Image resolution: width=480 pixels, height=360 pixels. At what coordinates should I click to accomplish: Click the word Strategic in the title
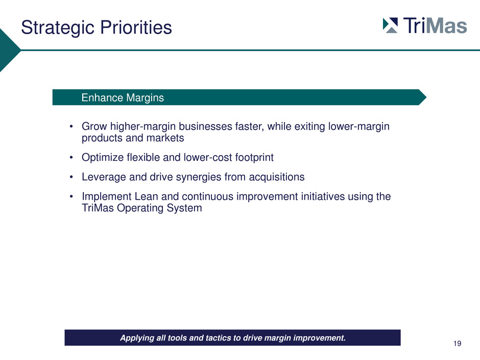pyautogui.click(x=58, y=28)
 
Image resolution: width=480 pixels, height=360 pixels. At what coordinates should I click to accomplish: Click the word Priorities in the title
pyautogui.click(x=136, y=27)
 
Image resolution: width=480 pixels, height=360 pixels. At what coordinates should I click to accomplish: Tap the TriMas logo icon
pyautogui.click(x=390, y=26)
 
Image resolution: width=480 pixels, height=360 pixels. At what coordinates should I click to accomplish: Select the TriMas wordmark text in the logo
pyautogui.click(x=435, y=25)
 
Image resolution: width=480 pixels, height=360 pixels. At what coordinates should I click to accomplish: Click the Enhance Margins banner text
pyautogui.click(x=123, y=98)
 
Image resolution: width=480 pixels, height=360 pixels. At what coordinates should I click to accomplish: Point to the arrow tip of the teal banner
pyautogui.click(x=426, y=98)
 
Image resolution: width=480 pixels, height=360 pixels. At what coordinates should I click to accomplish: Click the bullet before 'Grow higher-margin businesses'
pyautogui.click(x=71, y=126)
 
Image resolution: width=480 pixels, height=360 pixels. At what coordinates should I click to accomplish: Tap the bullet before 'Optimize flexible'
pyautogui.click(x=71, y=157)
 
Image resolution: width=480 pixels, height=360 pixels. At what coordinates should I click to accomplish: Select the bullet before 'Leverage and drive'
pyautogui.click(x=71, y=177)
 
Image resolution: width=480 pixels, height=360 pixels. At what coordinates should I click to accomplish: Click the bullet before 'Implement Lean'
pyautogui.click(x=71, y=196)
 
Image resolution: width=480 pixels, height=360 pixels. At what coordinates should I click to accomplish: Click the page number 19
pyautogui.click(x=458, y=344)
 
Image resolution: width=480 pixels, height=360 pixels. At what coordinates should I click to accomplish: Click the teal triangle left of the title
pyautogui.click(x=9, y=50)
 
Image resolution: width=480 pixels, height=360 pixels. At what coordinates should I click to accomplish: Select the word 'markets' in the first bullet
pyautogui.click(x=165, y=138)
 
